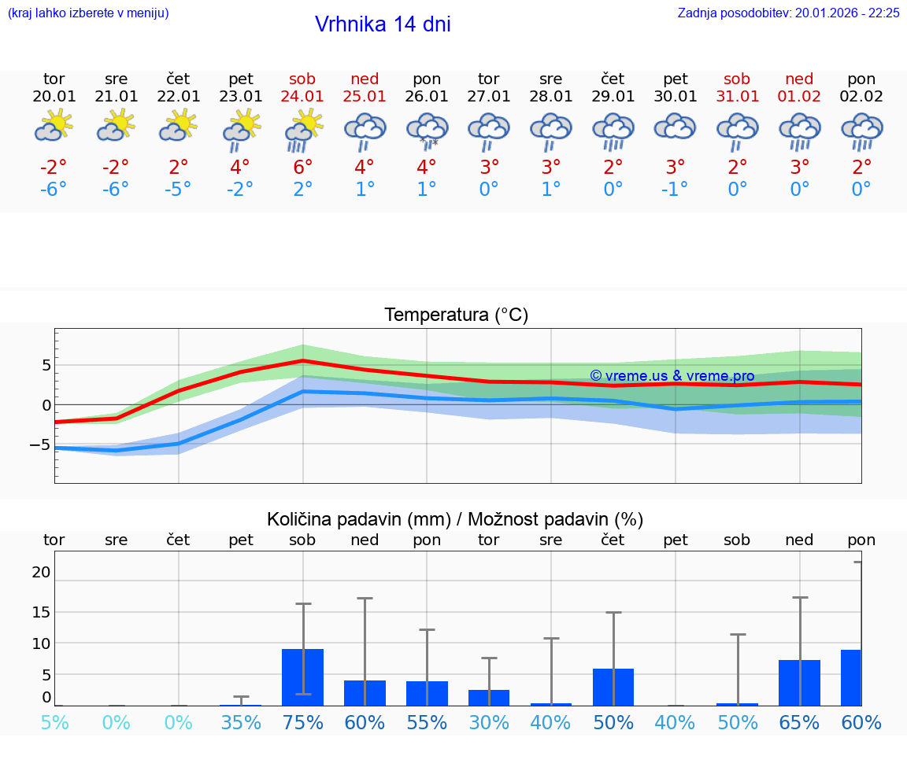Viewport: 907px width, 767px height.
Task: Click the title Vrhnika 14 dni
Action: (383, 24)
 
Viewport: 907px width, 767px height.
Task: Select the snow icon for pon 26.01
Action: (427, 129)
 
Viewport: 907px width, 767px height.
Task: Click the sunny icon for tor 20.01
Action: (54, 126)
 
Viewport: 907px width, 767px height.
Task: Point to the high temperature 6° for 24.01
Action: (302, 168)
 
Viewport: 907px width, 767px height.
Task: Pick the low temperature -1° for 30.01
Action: (675, 190)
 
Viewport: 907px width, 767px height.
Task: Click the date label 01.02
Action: (799, 97)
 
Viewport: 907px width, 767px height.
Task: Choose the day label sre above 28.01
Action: (550, 79)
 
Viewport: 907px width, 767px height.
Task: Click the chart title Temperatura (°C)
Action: (456, 315)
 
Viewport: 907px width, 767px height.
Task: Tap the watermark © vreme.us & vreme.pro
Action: (672, 376)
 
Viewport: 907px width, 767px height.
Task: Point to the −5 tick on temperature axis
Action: (40, 444)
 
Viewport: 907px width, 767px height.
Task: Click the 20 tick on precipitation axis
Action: (41, 572)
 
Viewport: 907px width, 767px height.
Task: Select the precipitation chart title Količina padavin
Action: (455, 519)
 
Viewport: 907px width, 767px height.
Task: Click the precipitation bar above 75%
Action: (302, 677)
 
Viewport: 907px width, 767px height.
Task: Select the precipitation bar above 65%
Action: (799, 683)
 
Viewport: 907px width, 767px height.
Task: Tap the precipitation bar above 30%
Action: (489, 698)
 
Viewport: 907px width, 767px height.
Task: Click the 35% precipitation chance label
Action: (241, 723)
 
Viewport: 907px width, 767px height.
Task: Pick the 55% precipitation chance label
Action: (427, 723)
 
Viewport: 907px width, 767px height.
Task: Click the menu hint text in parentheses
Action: (88, 13)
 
